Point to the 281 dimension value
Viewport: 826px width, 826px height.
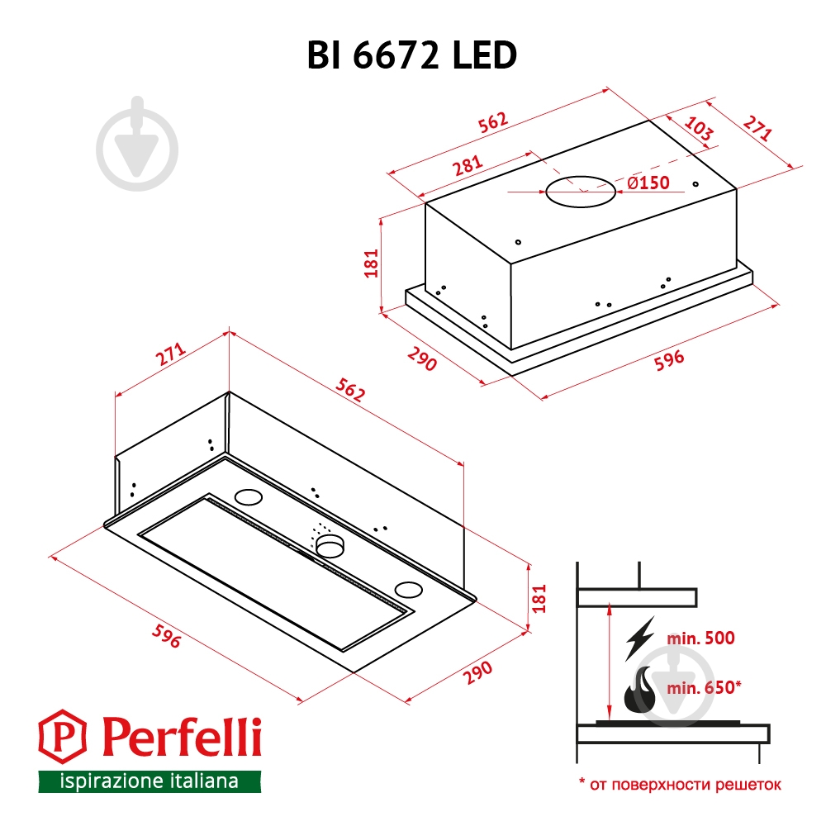coord(468,165)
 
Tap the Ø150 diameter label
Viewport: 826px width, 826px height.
coord(648,183)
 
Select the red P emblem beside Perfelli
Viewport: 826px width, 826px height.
coord(64,737)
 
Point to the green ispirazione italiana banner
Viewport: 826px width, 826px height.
coord(149,781)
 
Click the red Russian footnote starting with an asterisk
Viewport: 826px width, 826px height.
coord(679,784)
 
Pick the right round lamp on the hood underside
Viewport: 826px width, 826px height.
coord(407,589)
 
